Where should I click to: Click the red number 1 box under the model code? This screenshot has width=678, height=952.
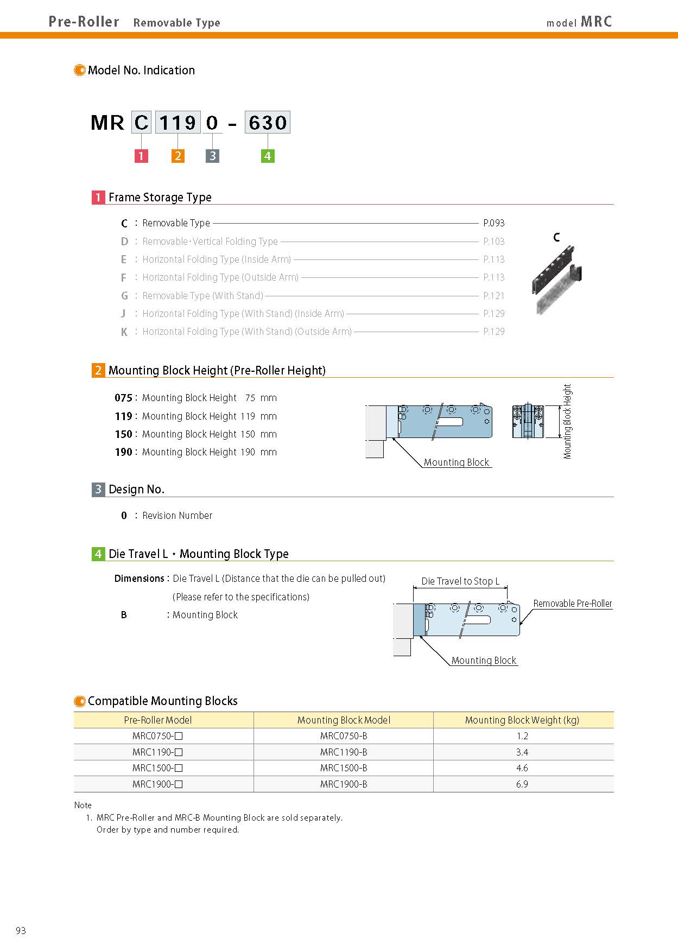click(x=141, y=156)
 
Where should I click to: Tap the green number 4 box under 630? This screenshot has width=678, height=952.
click(x=268, y=156)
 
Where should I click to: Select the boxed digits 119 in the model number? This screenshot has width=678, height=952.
click(x=178, y=123)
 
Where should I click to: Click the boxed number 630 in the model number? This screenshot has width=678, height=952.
click(x=268, y=123)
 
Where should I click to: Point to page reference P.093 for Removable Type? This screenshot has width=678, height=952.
click(x=493, y=223)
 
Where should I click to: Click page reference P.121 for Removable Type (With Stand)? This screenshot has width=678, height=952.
click(x=493, y=296)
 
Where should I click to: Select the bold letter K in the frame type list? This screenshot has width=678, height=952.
click(x=124, y=332)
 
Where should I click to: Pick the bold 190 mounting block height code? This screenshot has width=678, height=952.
click(x=123, y=452)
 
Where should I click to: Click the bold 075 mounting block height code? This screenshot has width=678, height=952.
click(x=123, y=398)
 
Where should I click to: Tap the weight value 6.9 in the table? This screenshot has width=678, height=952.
click(x=522, y=784)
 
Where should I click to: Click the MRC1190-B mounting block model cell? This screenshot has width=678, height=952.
click(x=344, y=752)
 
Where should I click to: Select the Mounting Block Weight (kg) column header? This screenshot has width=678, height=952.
click(x=522, y=720)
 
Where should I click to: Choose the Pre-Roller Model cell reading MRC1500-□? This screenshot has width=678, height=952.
click(x=157, y=768)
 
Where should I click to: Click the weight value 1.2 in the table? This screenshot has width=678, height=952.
click(x=522, y=736)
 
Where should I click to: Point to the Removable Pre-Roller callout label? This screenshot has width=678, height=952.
click(x=572, y=604)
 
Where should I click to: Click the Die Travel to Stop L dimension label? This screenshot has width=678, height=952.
click(x=460, y=581)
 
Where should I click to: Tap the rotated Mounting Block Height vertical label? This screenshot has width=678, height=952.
click(x=568, y=422)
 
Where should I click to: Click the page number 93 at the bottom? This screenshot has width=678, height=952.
click(x=21, y=931)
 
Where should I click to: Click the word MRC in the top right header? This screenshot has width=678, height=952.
click(x=596, y=22)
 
